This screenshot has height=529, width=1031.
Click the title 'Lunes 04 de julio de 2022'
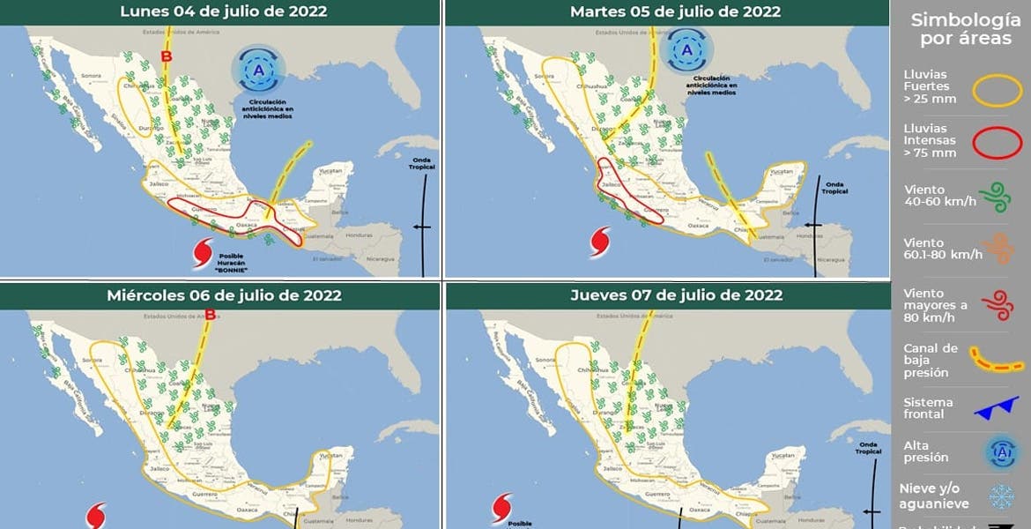[x=223, y=11]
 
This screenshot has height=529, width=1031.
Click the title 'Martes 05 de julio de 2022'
[x=675, y=11]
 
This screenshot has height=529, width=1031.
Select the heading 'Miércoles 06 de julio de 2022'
[x=224, y=295]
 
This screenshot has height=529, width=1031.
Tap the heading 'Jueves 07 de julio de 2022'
[x=676, y=294]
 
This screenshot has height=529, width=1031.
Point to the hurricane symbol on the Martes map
[x=601, y=241]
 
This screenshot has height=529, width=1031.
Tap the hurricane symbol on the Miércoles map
[x=97, y=516]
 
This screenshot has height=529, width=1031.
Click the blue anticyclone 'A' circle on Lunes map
[x=258, y=71]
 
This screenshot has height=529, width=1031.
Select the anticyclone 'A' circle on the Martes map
[x=688, y=50]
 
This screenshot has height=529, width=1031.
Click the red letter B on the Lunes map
[x=165, y=58]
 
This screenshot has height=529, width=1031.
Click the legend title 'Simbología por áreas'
[x=959, y=29]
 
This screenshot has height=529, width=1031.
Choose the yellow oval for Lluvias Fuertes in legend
[x=997, y=90]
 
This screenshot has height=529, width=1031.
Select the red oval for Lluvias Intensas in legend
[x=997, y=142]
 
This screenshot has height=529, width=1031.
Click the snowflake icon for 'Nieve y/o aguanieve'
[x=1001, y=497]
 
